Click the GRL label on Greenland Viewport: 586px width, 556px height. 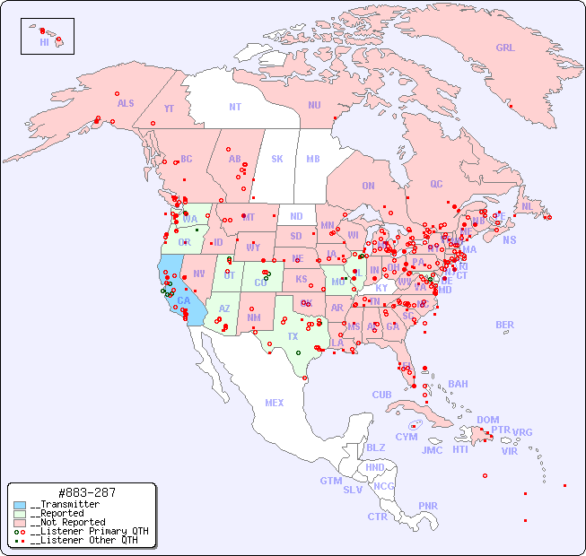pos(505,48)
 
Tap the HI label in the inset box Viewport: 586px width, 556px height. pos(44,42)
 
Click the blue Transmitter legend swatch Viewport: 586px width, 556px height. pos(20,505)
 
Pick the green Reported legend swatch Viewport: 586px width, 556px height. pos(20,514)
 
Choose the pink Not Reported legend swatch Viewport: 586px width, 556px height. pos(20,523)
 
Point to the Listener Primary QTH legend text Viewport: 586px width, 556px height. pos(89,531)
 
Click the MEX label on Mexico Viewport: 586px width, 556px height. pos(275,404)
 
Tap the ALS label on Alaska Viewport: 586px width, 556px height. pos(126,104)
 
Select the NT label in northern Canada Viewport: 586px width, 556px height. pos(235,107)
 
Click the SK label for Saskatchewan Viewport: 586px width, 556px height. pos(277,160)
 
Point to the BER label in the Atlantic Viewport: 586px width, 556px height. pos(505,325)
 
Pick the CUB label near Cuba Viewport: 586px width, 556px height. pos(382,395)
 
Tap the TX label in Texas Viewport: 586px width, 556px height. pos(293,336)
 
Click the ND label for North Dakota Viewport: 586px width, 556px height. pos(296,216)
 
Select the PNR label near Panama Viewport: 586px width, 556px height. pos(428,506)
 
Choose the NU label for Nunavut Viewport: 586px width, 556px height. pos(314,106)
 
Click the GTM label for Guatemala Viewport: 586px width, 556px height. pos(330,481)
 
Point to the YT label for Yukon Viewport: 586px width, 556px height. pos(169,109)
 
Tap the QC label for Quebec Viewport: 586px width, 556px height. pos(436,185)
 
